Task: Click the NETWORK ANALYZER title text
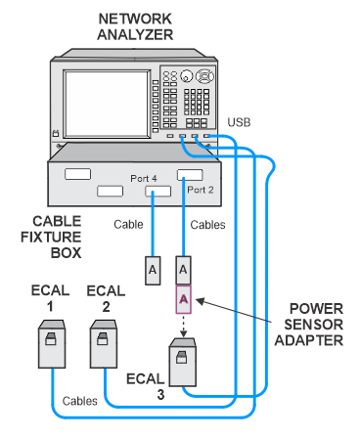(135, 26)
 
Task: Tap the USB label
(239, 122)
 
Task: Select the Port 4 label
(144, 178)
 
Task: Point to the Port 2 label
(201, 190)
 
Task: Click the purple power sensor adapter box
(184, 299)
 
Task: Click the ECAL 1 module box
(52, 344)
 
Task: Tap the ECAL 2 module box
(104, 344)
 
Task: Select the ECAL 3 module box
(183, 362)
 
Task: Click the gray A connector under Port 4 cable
(153, 271)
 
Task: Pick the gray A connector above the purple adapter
(183, 270)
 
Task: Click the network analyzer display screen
(107, 104)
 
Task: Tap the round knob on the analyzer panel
(187, 76)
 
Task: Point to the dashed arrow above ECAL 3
(184, 326)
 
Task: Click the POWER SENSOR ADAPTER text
(309, 325)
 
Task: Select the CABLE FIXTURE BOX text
(51, 237)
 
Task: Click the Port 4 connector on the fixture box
(157, 191)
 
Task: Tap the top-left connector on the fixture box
(77, 174)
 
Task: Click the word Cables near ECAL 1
(80, 401)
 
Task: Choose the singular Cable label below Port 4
(128, 225)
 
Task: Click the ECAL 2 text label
(106, 299)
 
